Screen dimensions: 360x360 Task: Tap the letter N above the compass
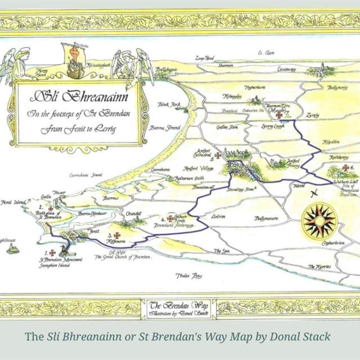tap(316, 193)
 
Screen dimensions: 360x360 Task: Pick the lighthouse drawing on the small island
tap(12, 247)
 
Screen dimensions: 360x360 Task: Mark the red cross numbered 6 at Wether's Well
tap(344, 168)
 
